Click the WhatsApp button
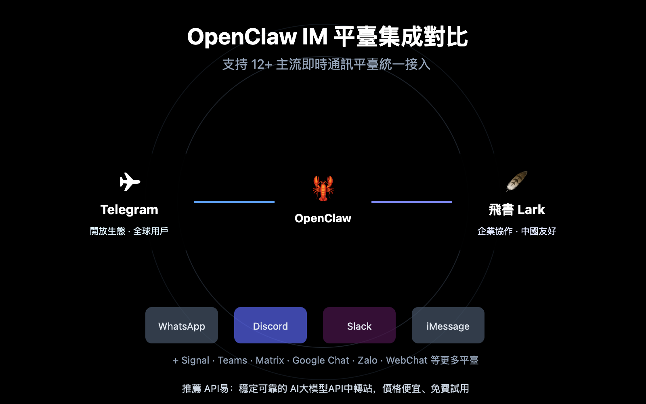point(182,325)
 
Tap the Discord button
point(271,325)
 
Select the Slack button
point(359,325)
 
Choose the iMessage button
point(448,325)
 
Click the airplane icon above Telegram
point(130,182)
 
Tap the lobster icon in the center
point(323,188)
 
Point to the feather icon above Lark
point(517,181)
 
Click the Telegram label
point(129,210)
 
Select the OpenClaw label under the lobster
point(323,219)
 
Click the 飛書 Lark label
point(517,210)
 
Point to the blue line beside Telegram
point(234,202)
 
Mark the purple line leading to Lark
point(412,202)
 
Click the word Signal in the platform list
point(195,360)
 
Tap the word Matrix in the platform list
point(270,360)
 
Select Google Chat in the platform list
point(321,360)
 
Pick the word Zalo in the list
point(367,360)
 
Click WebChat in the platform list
point(407,360)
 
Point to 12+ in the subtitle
point(261,65)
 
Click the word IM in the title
point(315,37)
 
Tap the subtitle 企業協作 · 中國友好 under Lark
point(517,231)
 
